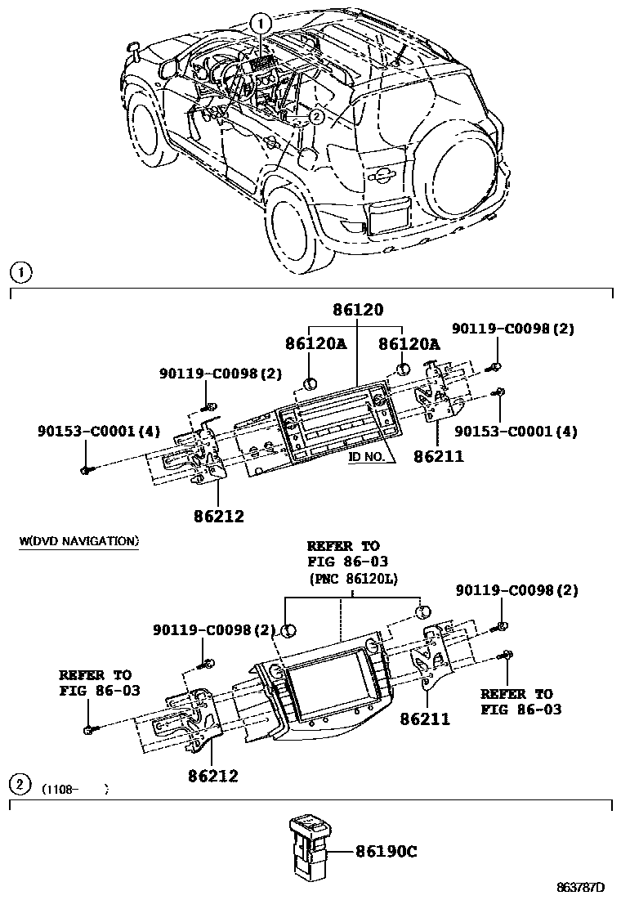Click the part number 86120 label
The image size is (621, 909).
(x=357, y=311)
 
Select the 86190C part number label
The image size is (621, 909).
(x=386, y=852)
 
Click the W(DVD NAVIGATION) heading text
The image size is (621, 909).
(x=78, y=541)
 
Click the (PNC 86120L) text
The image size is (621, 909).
(x=352, y=579)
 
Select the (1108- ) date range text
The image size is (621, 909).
(x=74, y=790)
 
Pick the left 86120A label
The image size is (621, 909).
(x=315, y=344)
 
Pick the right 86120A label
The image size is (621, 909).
(x=409, y=344)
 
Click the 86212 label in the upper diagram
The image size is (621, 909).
(x=218, y=516)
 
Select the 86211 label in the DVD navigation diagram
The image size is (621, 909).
(x=425, y=720)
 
